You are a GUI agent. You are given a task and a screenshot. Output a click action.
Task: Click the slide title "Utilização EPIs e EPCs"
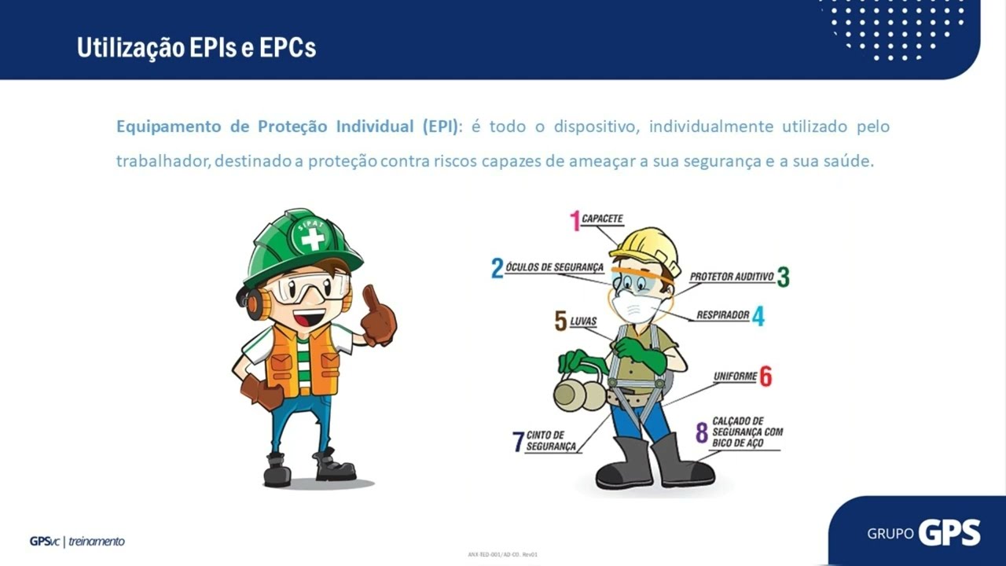coord(196,48)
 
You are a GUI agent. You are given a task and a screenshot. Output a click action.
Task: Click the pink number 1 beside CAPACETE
coord(575,221)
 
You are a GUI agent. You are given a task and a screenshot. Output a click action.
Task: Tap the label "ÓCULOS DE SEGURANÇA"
coord(555,267)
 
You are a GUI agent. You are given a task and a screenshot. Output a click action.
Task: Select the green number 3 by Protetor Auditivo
coord(783,277)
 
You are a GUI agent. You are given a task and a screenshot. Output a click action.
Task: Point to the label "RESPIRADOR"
coord(722,315)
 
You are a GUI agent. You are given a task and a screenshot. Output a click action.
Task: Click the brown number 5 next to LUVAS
coord(560,321)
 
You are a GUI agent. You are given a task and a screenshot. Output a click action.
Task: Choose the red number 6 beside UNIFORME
coord(765,377)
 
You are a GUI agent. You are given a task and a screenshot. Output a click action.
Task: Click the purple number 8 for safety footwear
coord(702,432)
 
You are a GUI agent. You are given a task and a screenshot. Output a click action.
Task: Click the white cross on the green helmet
coord(313,238)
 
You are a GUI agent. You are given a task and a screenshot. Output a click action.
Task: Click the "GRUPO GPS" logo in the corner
coord(923,533)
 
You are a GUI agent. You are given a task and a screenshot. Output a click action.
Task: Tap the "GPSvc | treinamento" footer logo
coord(77,541)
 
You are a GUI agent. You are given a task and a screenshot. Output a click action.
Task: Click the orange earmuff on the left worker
coord(255,303)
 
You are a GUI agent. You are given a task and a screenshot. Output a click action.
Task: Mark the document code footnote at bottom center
coord(502,554)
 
